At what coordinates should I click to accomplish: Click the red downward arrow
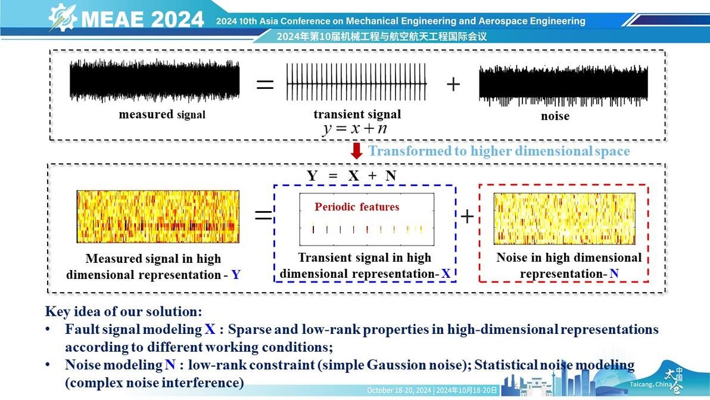coord(357,151)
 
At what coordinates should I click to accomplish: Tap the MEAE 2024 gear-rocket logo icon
coord(63,17)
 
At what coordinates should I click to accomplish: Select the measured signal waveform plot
coord(154,80)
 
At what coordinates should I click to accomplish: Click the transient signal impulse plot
coord(356,82)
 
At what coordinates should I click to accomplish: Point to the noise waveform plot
coord(563,85)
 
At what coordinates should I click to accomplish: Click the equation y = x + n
coord(356,129)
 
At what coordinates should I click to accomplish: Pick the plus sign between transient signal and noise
coord(453,84)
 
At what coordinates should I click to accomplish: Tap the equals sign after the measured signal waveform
coord(265,84)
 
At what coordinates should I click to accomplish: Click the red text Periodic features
coord(357,207)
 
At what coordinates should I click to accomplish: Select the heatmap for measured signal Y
coord(158,216)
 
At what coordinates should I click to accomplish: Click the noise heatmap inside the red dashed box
coord(564,219)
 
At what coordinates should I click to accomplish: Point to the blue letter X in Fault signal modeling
coord(210,329)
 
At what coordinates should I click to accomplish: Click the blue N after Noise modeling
coord(170,365)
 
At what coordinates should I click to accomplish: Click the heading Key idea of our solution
coord(124,311)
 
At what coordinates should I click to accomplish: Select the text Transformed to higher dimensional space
coord(499,151)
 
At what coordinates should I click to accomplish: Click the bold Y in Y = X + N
coord(312,176)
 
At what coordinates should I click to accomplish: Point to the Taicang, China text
coord(650,385)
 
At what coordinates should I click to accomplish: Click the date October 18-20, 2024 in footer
coord(399,390)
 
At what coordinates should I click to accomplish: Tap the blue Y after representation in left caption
coord(236,275)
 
